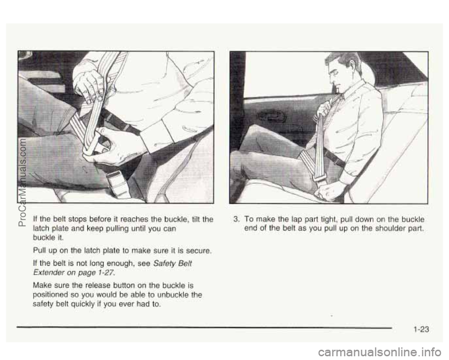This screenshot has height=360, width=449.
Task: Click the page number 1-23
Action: coord(421,330)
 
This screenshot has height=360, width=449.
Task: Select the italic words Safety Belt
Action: coord(173,263)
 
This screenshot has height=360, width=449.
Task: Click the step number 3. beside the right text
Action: coord(236,219)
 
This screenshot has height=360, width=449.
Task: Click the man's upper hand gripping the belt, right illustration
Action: coord(324,110)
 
